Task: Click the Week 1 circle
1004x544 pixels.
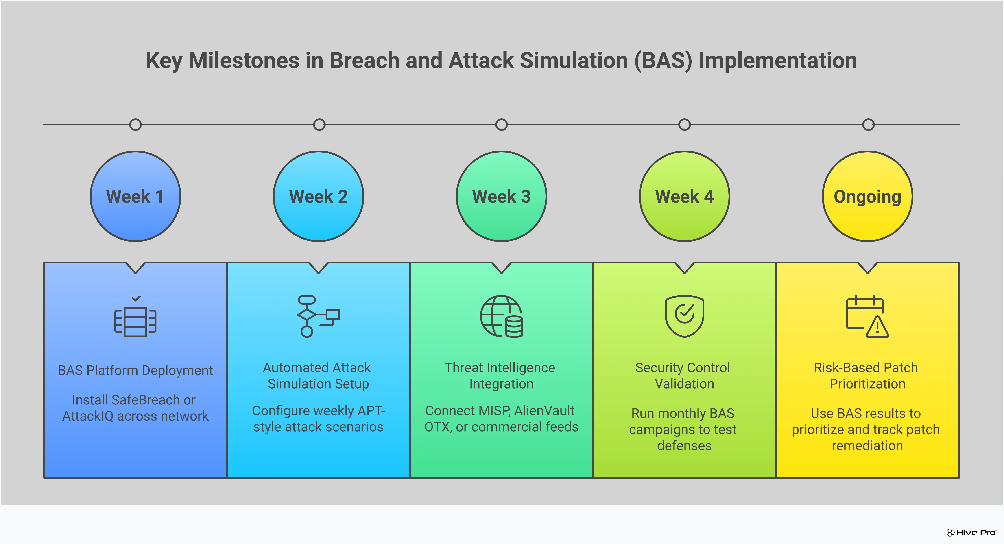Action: click(135, 196)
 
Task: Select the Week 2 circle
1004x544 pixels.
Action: click(319, 196)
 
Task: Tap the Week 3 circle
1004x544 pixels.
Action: click(501, 196)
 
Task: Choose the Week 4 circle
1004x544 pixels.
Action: click(684, 196)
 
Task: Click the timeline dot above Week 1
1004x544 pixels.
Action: click(135, 125)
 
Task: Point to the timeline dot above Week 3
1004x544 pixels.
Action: click(501, 125)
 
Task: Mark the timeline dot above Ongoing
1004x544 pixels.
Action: click(868, 125)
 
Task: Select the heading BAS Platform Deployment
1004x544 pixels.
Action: click(135, 370)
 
